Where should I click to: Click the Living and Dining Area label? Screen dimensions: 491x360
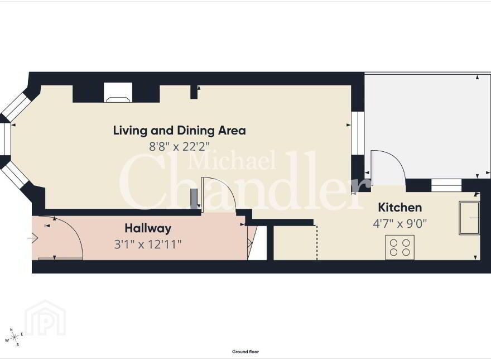pos(180,131)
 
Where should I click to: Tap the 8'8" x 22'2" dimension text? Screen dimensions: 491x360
pos(179,146)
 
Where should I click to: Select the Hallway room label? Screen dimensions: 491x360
pos(148,228)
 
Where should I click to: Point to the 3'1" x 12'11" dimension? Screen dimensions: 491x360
pos(148,244)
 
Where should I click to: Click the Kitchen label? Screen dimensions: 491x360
pos(400,208)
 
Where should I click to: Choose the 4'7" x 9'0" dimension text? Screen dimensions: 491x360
pos(400,224)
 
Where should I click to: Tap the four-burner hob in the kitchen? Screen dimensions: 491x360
pos(400,247)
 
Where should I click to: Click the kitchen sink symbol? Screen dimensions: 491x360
pos(469,218)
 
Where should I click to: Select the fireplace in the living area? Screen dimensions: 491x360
pos(118,93)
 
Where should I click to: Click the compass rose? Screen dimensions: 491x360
pos(14,337)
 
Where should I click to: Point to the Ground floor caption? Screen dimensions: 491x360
pos(245,352)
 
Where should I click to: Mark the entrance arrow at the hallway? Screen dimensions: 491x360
pos(32,238)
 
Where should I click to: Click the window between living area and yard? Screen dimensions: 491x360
pos(358,133)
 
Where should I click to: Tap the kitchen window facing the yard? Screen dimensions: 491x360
pos(446,185)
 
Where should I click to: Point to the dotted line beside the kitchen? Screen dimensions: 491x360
pos(317,242)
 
